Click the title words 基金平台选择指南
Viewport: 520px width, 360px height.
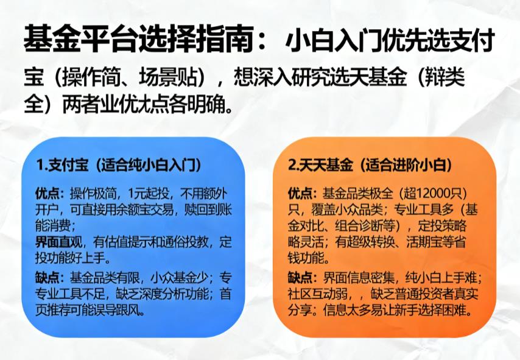click(x=137, y=42)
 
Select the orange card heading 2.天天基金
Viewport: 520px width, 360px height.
click(x=320, y=165)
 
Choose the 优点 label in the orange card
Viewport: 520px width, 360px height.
click(x=301, y=194)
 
